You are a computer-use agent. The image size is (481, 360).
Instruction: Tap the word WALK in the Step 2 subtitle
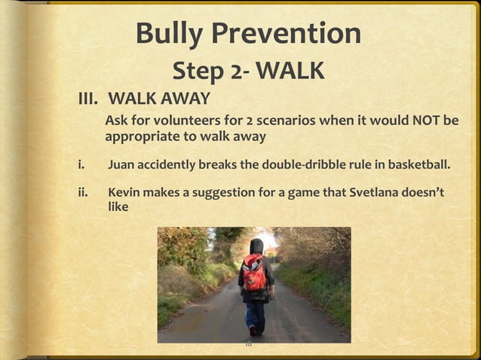click(290, 72)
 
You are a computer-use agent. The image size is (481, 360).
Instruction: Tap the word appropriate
click(140, 138)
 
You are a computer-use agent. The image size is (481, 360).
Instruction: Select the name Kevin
click(124, 193)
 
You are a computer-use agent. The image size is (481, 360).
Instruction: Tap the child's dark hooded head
click(256, 246)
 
